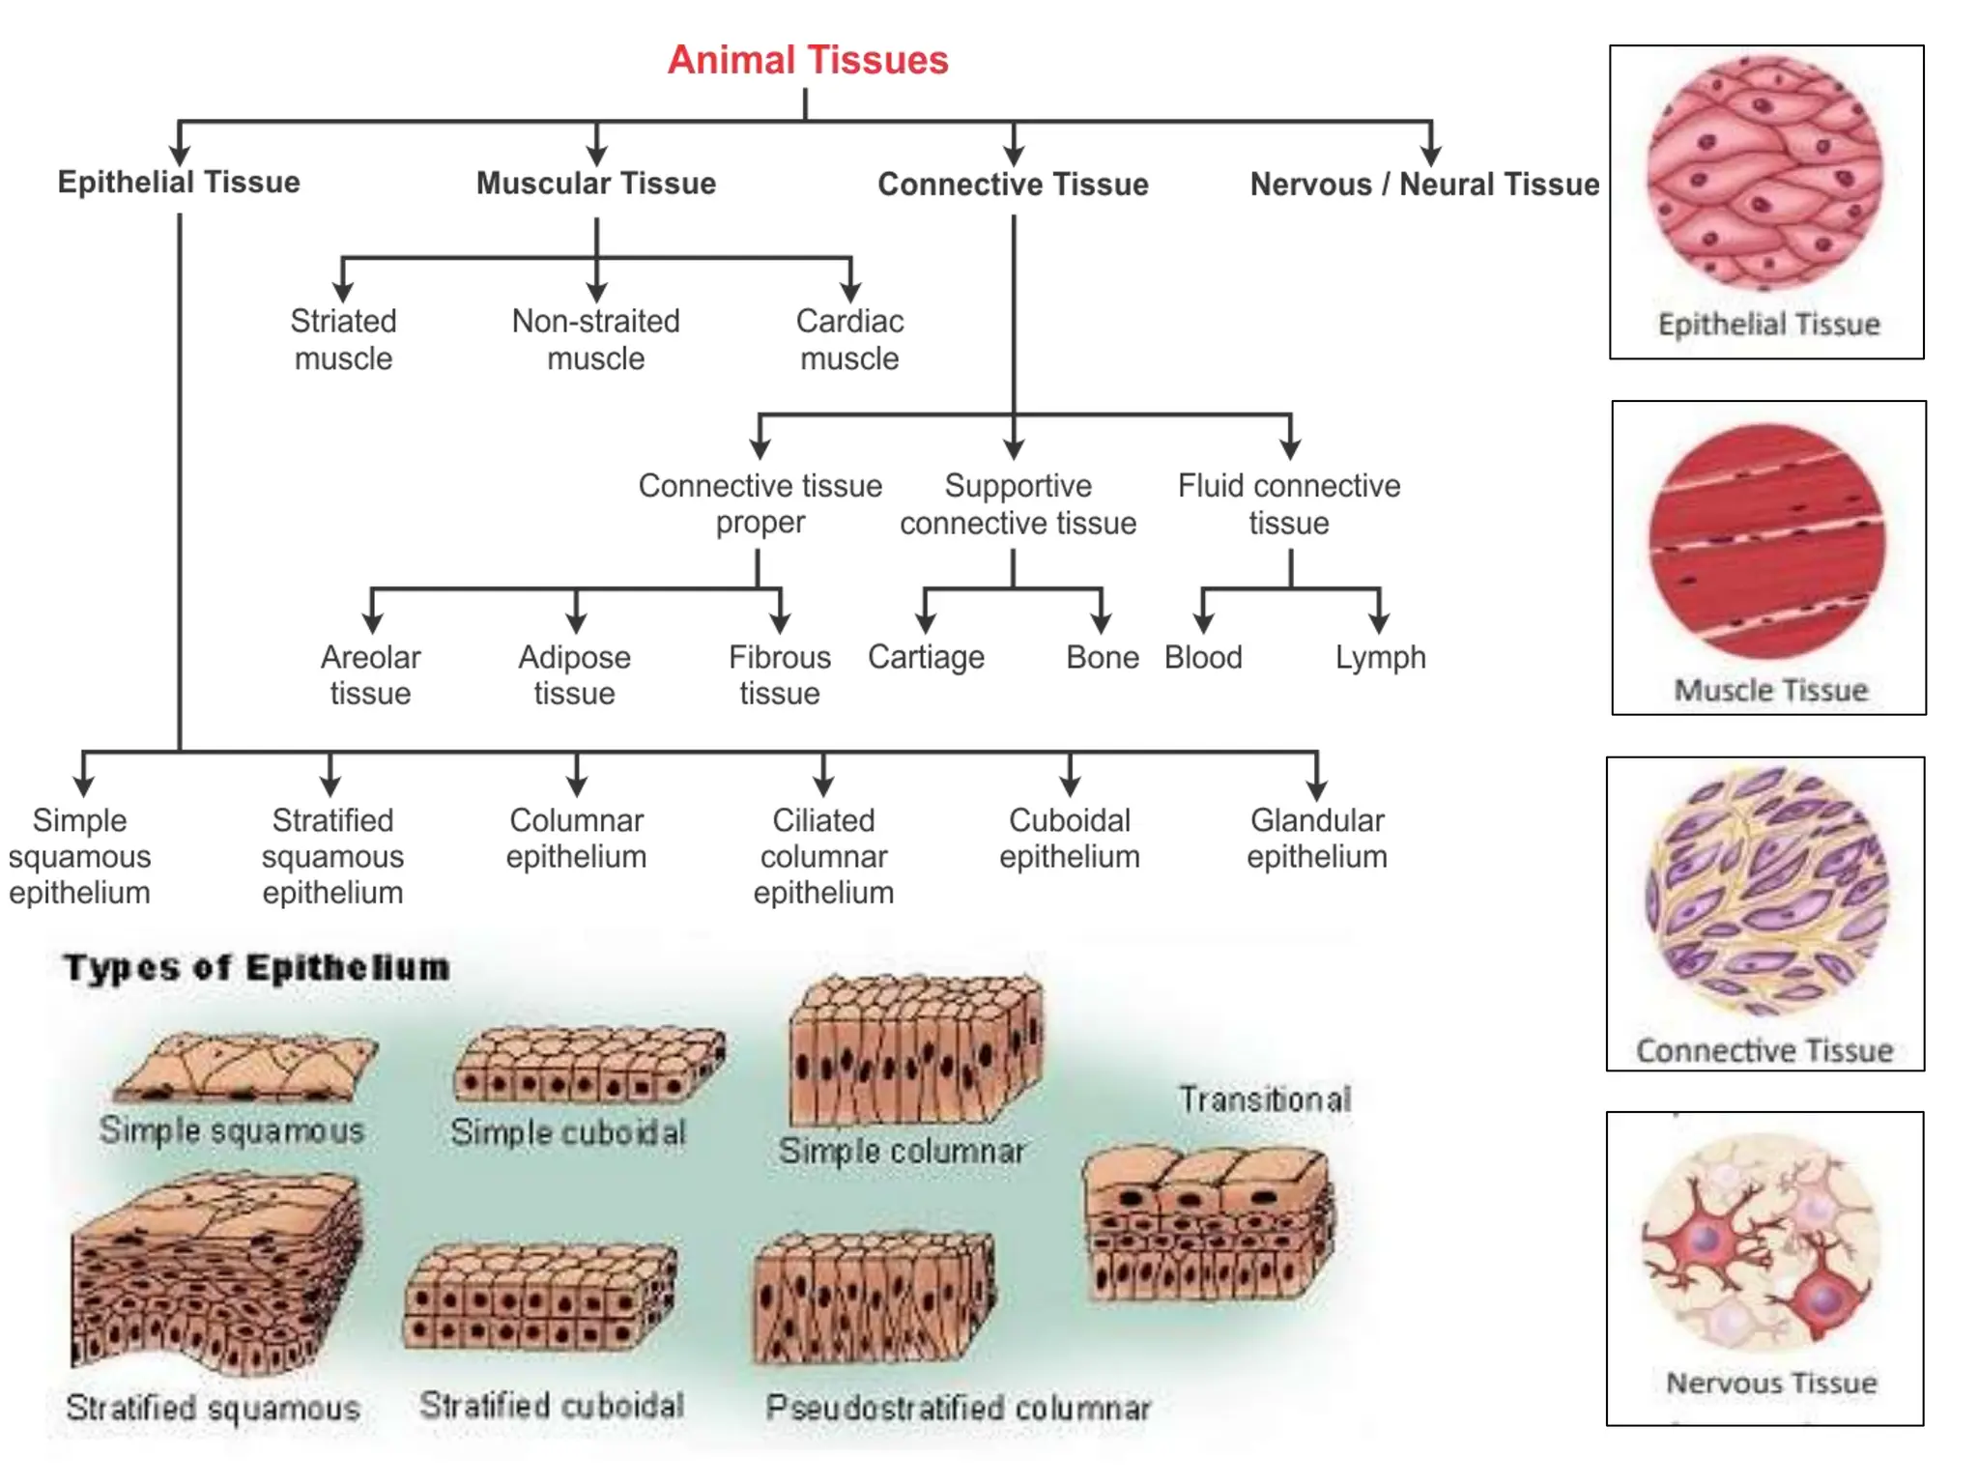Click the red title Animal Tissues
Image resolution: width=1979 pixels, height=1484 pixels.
808,60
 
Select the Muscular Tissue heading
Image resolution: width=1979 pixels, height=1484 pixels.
596,183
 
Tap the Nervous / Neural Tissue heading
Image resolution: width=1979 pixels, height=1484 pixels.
1424,184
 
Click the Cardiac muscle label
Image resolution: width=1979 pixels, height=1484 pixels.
849,339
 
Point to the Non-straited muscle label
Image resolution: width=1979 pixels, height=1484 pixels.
596,339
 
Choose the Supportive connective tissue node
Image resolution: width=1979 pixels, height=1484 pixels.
1018,503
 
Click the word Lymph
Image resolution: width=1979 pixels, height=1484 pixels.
1380,657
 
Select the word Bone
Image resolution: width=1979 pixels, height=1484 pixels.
1102,657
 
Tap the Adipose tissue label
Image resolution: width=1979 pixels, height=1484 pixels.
574,674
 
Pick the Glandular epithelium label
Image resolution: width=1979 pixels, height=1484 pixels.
1316,838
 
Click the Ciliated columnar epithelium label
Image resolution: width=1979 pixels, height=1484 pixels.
823,856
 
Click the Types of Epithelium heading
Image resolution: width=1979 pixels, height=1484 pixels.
256,967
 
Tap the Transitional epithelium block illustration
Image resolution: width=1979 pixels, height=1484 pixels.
1208,1222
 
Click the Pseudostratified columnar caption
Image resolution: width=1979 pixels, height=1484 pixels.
958,1408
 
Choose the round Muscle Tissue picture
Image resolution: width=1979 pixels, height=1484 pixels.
1767,541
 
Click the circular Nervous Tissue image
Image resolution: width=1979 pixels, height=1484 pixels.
1764,1241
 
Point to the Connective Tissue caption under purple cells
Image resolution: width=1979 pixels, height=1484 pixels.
1764,1050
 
